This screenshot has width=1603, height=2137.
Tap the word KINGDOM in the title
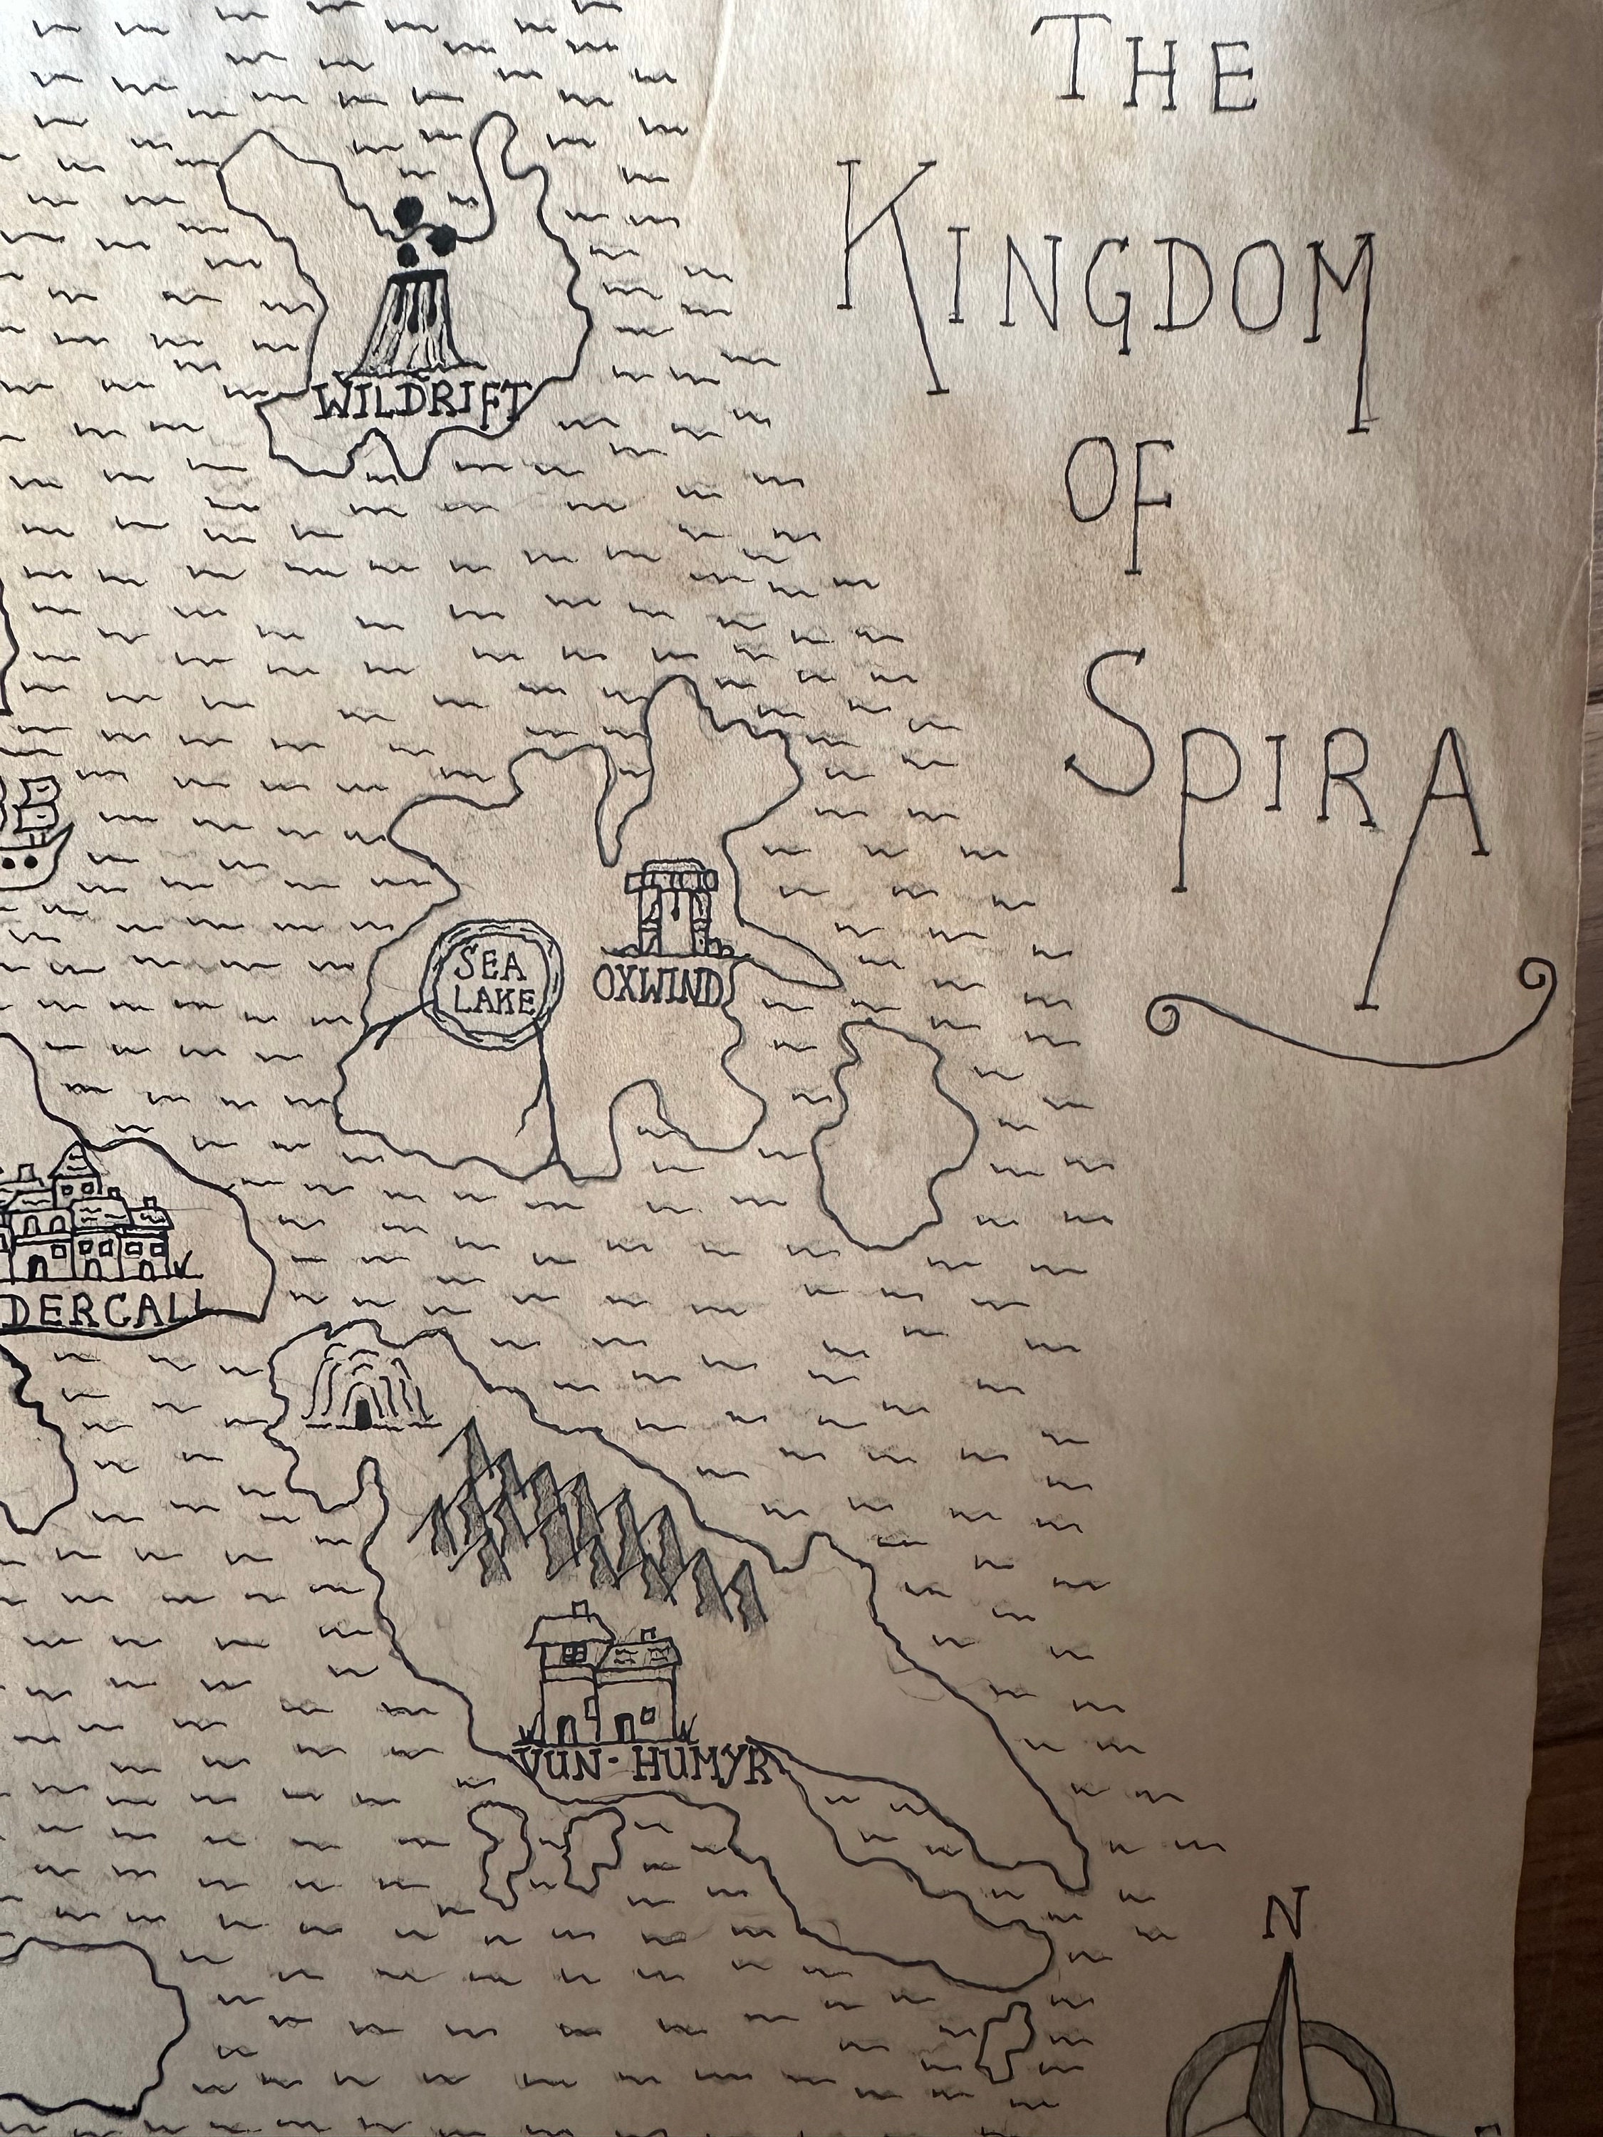coord(1111,290)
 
